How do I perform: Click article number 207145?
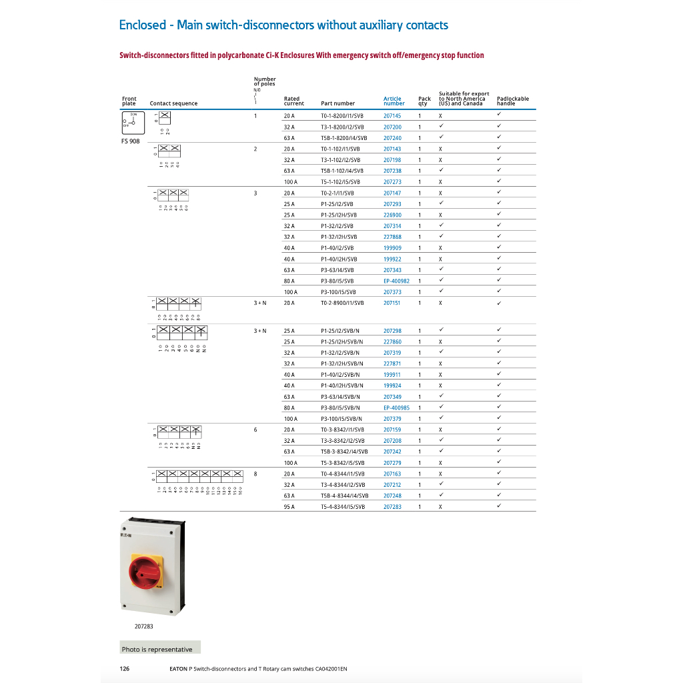point(392,116)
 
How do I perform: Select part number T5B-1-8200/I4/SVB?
point(344,138)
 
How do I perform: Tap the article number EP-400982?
point(396,281)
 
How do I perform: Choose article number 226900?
point(392,215)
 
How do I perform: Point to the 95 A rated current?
point(289,507)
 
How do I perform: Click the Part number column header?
point(337,103)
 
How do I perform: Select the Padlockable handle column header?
point(512,101)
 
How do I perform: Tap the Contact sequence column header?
point(173,103)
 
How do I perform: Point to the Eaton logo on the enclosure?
point(126,534)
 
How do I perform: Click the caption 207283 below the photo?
point(143,626)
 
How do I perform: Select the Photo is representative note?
point(157,649)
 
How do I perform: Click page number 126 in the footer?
point(125,668)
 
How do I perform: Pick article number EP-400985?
point(396,408)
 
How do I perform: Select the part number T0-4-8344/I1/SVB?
point(343,474)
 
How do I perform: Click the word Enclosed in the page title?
point(142,25)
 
